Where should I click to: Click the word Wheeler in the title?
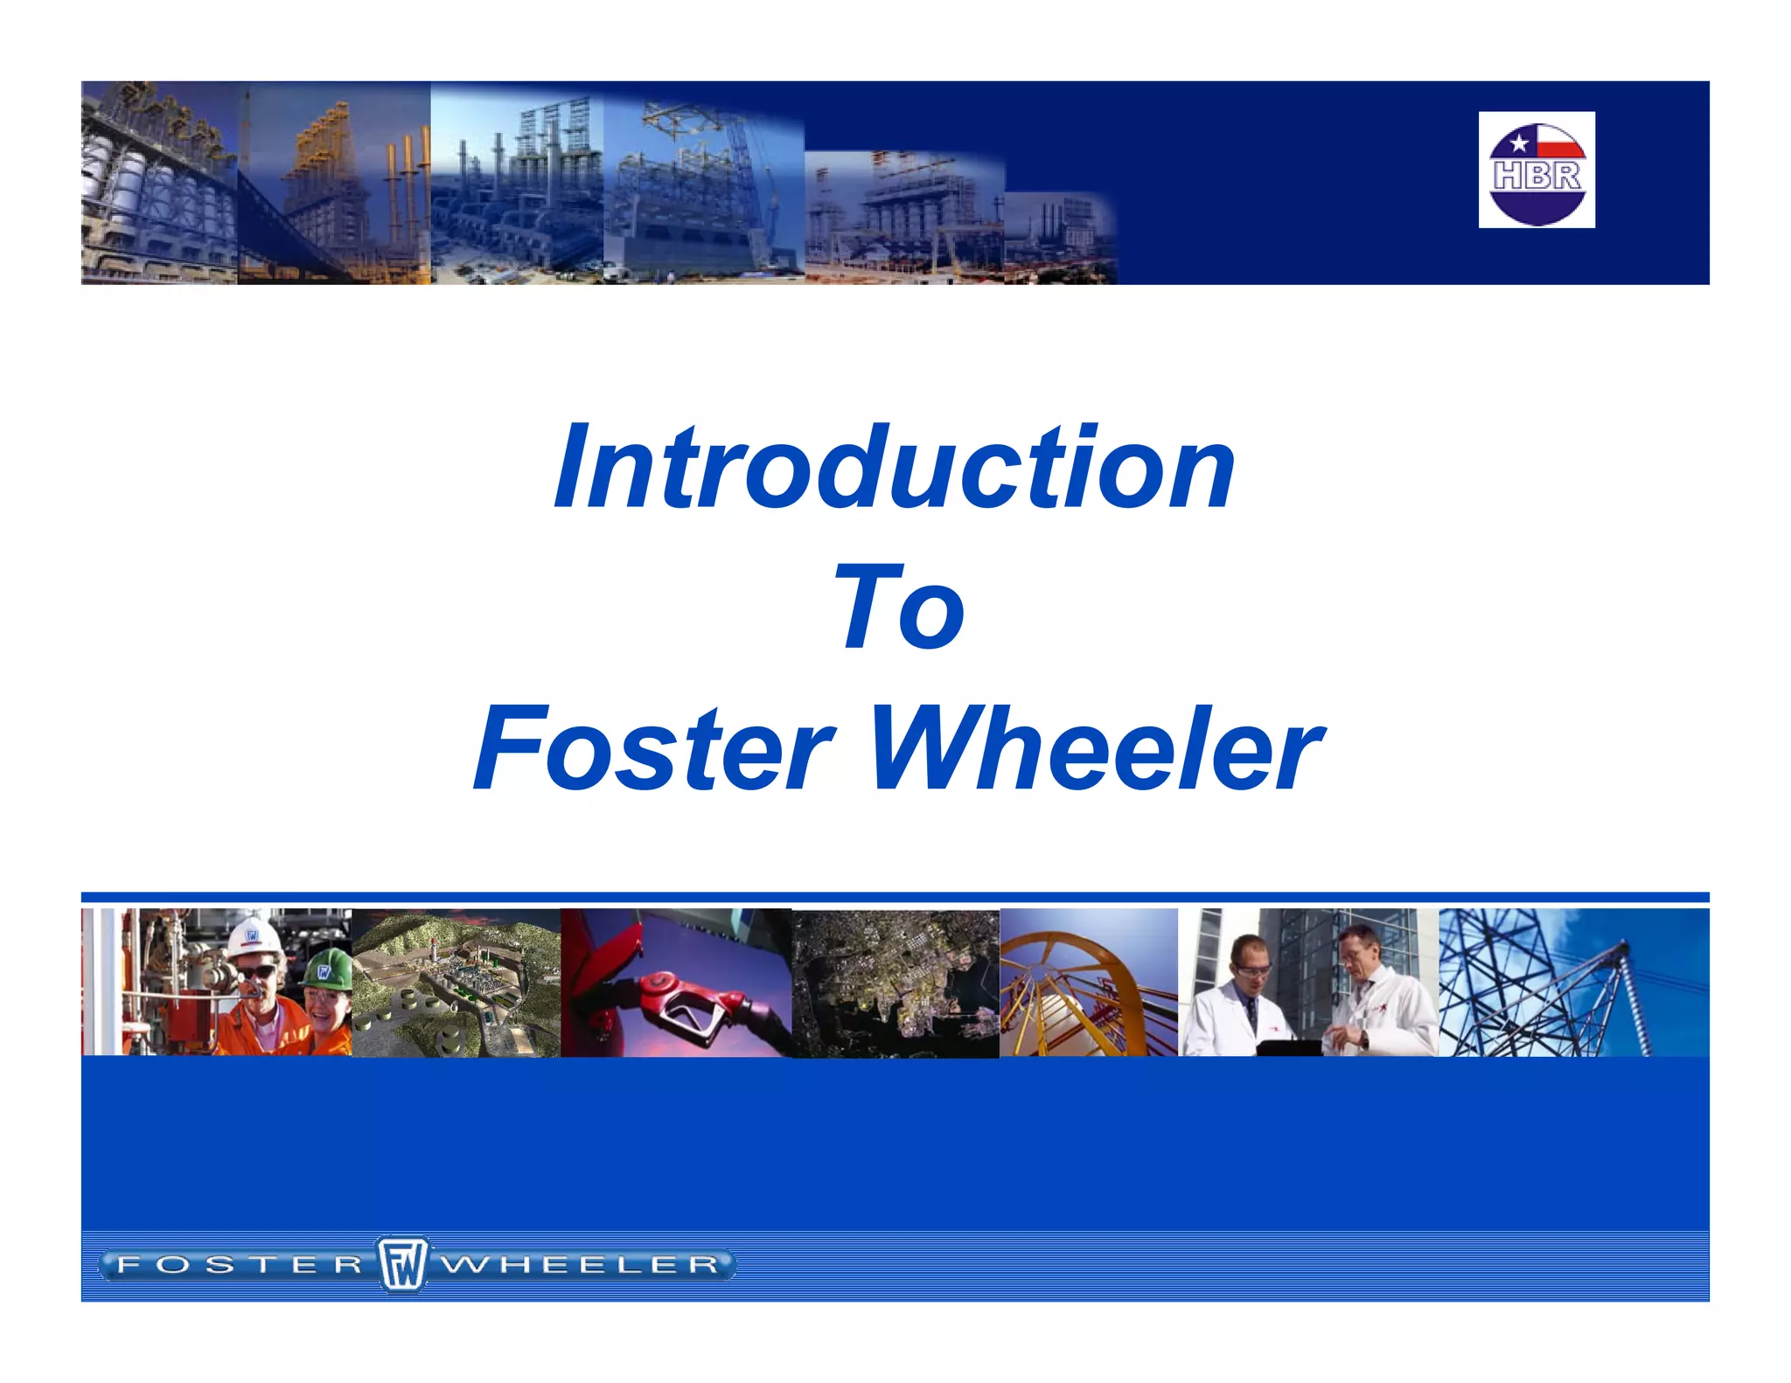pos(1097,748)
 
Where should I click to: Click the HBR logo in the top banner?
pos(1537,170)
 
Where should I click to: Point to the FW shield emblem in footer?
pos(402,1264)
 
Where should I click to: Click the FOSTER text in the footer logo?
pos(240,1265)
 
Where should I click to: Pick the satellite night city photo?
pos(895,983)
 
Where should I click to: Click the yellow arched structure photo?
pos(1088,983)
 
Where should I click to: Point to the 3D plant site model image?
pos(456,983)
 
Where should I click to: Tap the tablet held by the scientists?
pos(1289,1047)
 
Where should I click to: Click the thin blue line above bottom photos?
pos(895,897)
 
